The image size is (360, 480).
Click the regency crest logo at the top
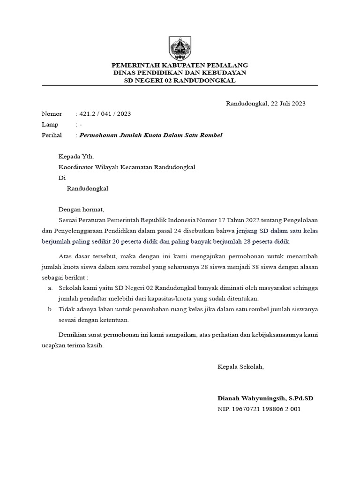click(x=180, y=48)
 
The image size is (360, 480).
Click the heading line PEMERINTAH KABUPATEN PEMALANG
click(x=180, y=65)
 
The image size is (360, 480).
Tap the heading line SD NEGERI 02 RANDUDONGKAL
click(x=180, y=81)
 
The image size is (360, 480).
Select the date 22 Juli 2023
click(x=286, y=104)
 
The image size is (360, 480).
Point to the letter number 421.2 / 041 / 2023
click(x=105, y=114)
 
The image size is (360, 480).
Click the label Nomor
click(x=52, y=114)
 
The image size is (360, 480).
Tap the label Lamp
click(x=50, y=125)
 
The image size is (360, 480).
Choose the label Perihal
click(x=52, y=135)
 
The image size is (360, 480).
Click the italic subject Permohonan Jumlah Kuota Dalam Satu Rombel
click(x=151, y=135)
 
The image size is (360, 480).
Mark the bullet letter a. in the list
click(x=50, y=288)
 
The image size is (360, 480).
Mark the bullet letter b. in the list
click(x=50, y=310)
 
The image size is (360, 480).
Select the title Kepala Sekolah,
click(x=240, y=367)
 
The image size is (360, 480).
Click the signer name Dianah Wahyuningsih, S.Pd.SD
click(x=265, y=398)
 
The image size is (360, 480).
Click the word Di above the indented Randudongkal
click(x=62, y=178)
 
